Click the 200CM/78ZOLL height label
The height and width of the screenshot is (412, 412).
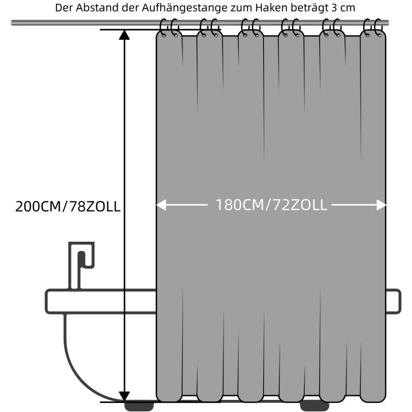coord(68,206)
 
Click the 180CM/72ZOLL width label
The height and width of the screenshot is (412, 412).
coord(271,205)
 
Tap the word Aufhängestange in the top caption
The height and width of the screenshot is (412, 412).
coord(185,8)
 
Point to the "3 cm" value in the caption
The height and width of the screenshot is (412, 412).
coord(343,8)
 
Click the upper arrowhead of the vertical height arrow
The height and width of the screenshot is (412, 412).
coord(124,35)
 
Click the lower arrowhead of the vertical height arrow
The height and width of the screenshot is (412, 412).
coord(124,397)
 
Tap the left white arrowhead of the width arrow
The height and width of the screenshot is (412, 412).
coord(161,205)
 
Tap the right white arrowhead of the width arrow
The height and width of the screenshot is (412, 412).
coord(381,205)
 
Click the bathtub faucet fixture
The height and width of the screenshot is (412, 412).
coord(81,266)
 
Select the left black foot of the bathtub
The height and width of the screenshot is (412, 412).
coord(139,405)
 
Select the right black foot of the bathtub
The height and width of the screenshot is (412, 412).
coord(315,406)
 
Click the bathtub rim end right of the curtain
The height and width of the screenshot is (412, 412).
coord(393,301)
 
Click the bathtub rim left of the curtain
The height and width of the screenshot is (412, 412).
coord(101,301)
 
